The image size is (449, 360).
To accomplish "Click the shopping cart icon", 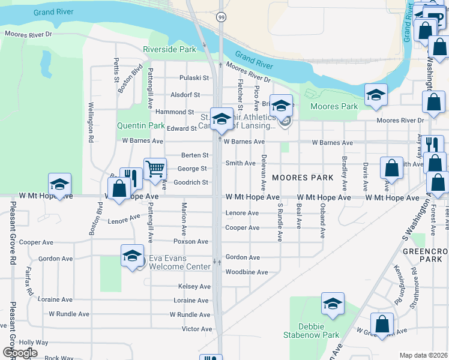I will [155, 169].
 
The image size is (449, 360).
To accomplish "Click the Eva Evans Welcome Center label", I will [181, 266].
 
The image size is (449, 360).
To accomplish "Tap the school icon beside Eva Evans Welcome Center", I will [132, 256].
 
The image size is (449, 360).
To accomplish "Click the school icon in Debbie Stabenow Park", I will [333, 304].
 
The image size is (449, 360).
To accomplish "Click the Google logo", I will [20, 352].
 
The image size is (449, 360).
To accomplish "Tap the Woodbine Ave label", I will [246, 272].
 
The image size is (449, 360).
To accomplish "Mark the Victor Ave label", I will [197, 329].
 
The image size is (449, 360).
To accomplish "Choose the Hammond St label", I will [175, 112].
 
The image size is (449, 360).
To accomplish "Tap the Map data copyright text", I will [423, 355].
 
